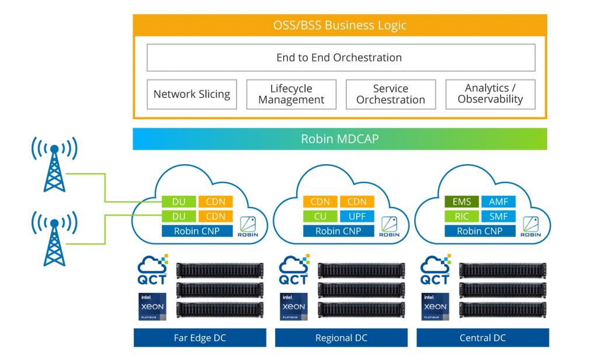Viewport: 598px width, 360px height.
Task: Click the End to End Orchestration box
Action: click(340, 58)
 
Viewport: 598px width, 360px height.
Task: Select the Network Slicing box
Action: click(192, 94)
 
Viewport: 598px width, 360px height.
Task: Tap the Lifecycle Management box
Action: click(291, 94)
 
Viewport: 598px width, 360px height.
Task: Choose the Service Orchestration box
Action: click(391, 94)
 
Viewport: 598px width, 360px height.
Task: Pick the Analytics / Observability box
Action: click(490, 94)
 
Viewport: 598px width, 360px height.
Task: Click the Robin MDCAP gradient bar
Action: click(340, 139)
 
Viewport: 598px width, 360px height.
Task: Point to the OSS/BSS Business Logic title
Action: click(340, 26)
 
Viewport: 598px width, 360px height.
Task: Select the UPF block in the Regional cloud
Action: click(357, 216)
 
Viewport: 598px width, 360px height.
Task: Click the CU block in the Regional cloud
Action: click(320, 216)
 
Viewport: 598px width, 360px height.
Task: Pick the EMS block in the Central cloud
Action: click(461, 202)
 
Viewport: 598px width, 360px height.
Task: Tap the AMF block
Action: click(499, 202)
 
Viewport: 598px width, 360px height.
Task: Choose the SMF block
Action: click(499, 216)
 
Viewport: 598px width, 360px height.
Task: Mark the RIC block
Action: click(461, 216)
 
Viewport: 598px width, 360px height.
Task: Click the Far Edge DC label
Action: click(200, 338)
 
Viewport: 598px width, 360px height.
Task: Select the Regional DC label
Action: click(341, 338)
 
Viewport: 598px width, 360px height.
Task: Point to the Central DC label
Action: click(483, 338)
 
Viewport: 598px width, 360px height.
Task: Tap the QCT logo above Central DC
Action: click(436, 271)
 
